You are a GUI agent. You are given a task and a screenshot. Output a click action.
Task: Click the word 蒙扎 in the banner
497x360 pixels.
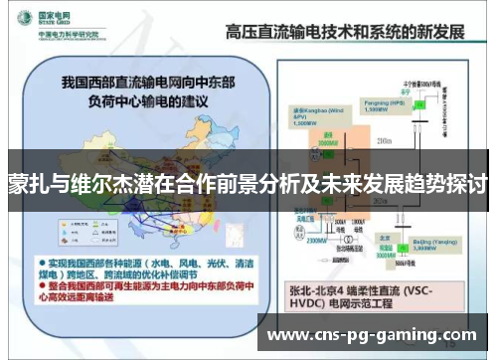pos(25,186)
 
